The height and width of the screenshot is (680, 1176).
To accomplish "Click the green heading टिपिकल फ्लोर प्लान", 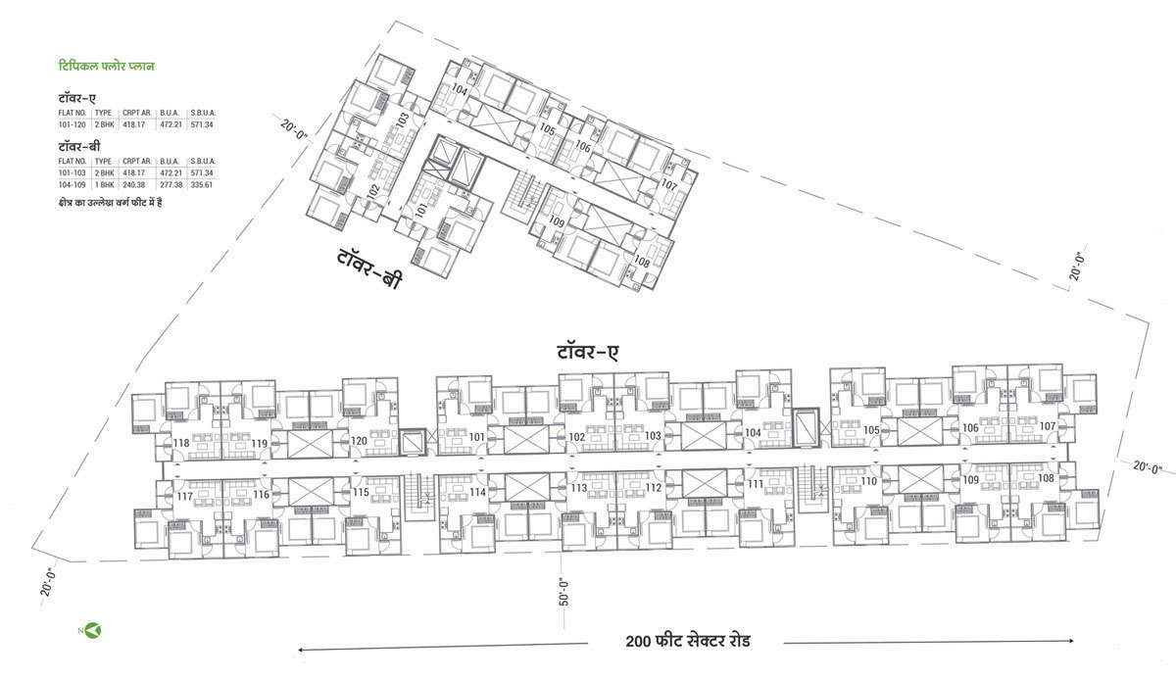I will point(107,67).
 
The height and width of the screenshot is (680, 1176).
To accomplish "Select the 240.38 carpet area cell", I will point(134,184).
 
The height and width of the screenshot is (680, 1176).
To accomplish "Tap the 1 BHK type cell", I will point(103,184).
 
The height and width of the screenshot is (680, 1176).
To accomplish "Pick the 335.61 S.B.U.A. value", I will point(202,184).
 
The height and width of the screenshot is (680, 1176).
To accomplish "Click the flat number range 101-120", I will point(73,124).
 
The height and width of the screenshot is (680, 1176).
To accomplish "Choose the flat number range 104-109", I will point(73,184).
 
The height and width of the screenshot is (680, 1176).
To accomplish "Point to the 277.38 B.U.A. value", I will point(170,184).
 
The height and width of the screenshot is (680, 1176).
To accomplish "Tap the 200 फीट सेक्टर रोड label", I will point(689,643).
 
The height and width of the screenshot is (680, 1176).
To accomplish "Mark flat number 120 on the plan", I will point(360,442).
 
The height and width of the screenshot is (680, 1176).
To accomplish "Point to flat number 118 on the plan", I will point(181,444).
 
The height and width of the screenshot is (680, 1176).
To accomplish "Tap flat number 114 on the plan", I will point(477,492).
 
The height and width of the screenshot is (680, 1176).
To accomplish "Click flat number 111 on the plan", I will point(754,485).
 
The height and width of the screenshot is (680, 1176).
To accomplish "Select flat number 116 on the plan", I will point(261,495).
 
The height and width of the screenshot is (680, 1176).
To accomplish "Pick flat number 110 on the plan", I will point(868,482).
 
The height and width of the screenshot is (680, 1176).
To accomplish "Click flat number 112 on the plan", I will point(654,488).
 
